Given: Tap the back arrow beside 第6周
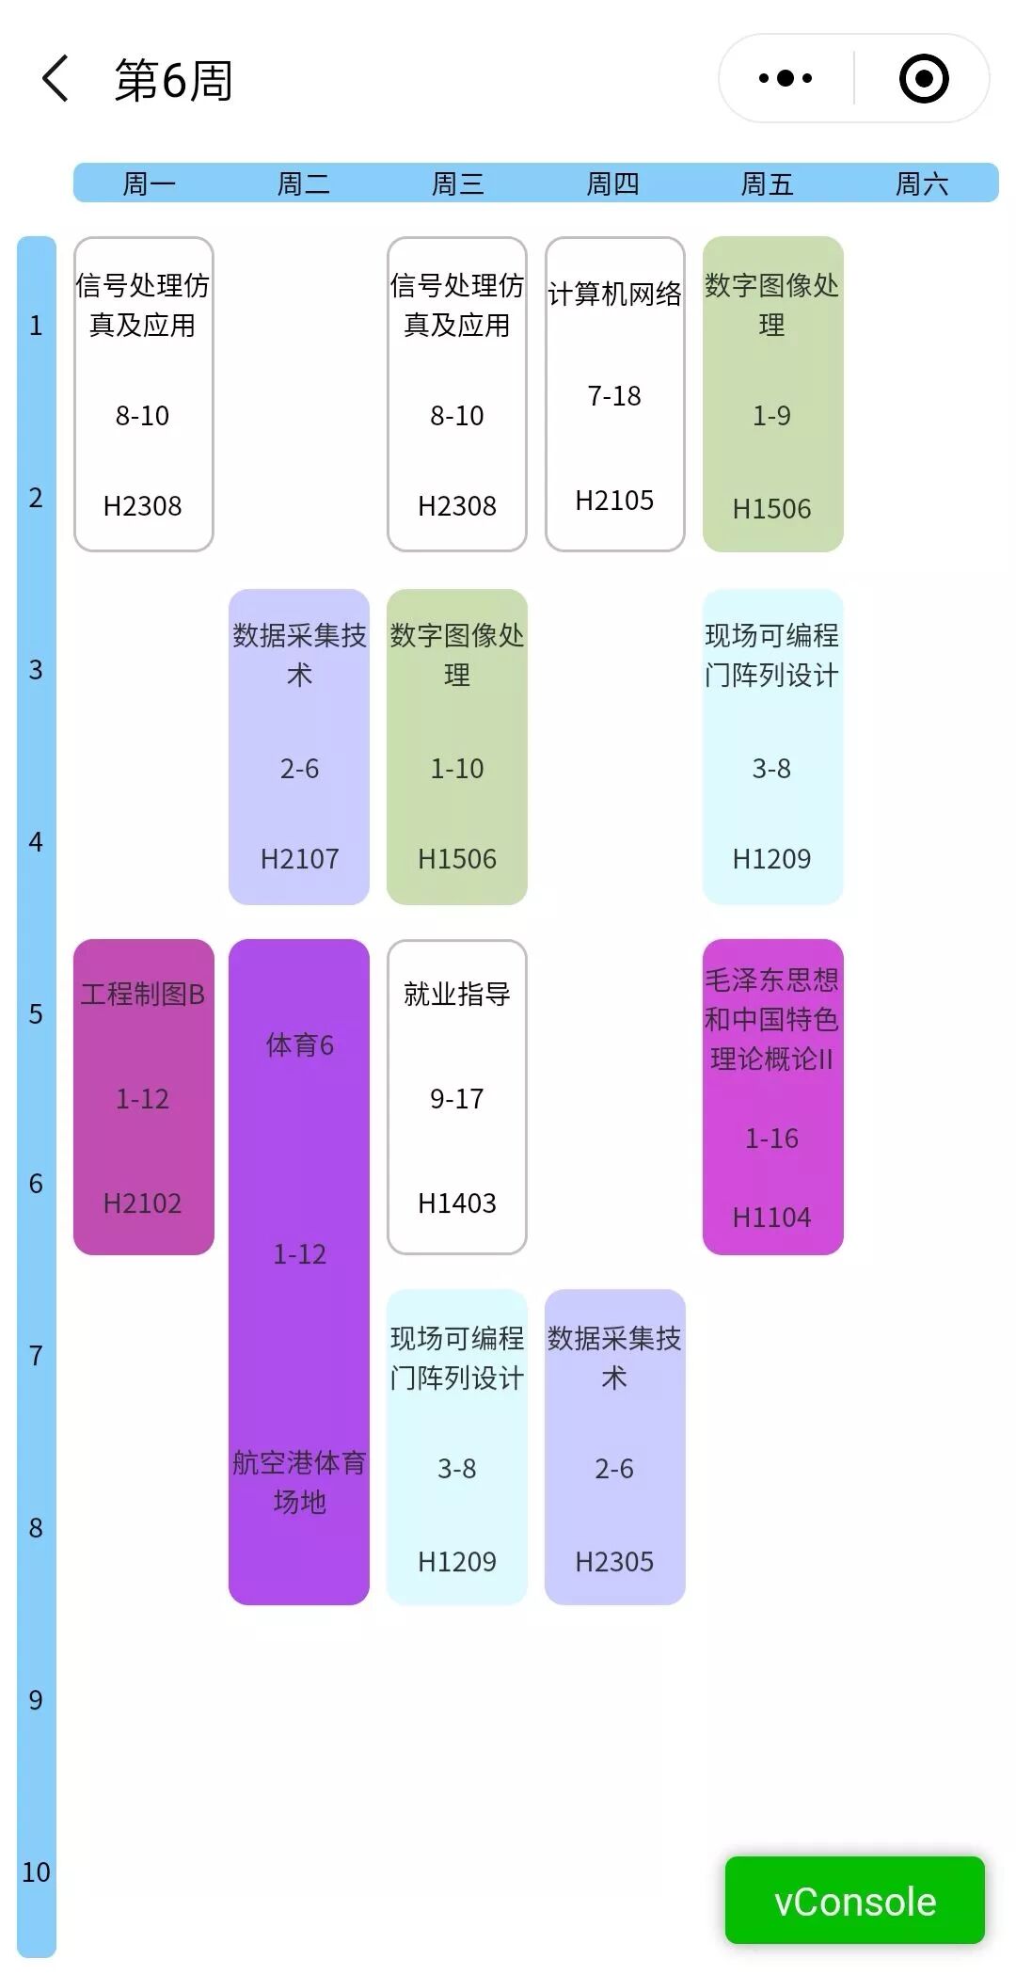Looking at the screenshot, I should click(56, 79).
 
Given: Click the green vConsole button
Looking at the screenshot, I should click(854, 1901).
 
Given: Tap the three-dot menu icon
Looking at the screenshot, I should click(786, 79).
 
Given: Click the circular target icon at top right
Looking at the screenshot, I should click(923, 79).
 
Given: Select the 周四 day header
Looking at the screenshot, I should click(612, 183).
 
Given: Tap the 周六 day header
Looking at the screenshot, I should click(921, 183).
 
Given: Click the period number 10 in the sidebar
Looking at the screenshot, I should click(36, 1872).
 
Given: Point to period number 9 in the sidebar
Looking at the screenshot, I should click(36, 1700).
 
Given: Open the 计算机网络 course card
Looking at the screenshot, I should click(614, 393).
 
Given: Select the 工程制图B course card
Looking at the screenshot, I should click(143, 1096).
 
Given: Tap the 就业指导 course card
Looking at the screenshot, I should click(456, 1096).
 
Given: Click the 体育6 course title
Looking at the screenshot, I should click(299, 1045).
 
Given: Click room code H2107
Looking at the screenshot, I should click(299, 859).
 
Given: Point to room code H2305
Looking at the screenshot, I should click(614, 1562).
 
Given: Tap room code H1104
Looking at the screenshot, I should click(771, 1218).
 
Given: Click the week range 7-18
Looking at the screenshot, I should click(614, 396).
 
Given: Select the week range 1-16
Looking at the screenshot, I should click(771, 1139).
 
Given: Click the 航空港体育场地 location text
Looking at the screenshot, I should click(299, 1482).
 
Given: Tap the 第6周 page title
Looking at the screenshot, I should click(174, 80).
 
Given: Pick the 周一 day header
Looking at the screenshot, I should click(149, 183).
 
